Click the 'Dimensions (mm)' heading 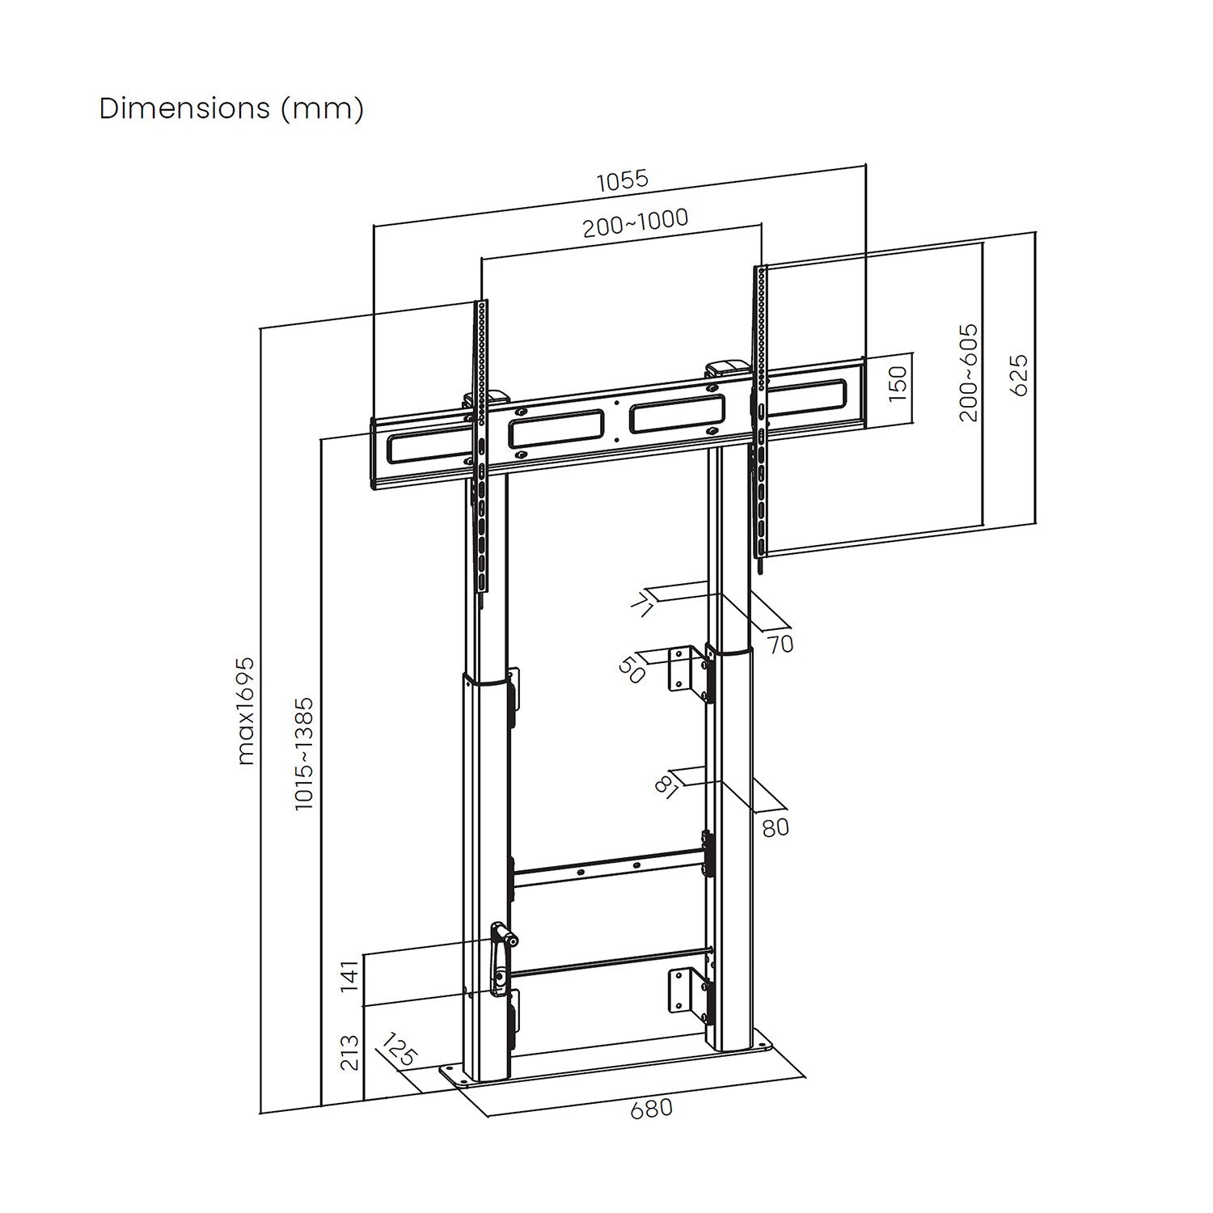pos(231,108)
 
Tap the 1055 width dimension pos(623,179)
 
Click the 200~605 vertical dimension pos(968,373)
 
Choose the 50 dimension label pos(632,670)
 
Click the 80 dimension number pos(775,828)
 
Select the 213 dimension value pos(349,1052)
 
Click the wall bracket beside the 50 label pos(685,669)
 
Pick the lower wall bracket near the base pos(684,991)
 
